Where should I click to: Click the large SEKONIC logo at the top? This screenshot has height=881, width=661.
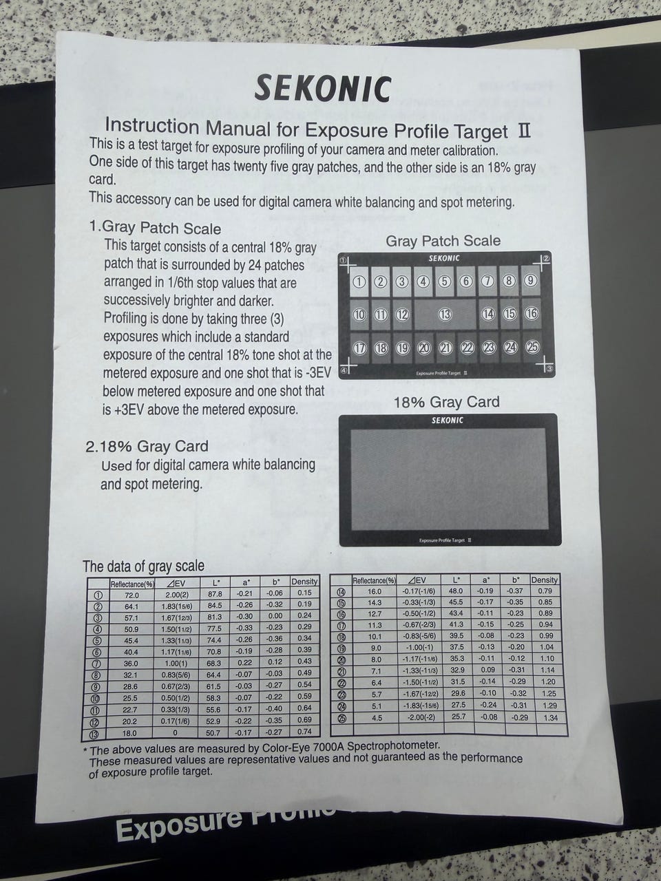tap(323, 89)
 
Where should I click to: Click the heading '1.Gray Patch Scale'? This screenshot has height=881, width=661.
tap(155, 228)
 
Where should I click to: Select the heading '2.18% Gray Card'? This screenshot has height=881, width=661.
tap(147, 446)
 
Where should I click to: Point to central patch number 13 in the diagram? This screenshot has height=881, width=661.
tap(445, 315)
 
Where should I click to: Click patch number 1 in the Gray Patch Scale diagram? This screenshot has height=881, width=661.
tap(359, 282)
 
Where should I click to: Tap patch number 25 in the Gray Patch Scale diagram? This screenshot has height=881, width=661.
tap(532, 347)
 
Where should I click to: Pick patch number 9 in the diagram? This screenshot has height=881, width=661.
tap(531, 281)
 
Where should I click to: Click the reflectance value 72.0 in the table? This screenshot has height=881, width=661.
tap(132, 595)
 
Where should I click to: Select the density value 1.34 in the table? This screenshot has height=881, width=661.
tap(551, 718)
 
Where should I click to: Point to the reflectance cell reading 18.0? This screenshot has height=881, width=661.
tap(129, 733)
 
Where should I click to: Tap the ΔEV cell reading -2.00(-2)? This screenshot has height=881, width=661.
tap(419, 717)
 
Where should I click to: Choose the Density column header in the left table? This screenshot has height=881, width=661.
tap(304, 581)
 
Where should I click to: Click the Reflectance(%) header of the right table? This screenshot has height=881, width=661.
tap(374, 580)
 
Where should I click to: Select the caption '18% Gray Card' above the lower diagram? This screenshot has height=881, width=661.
tap(446, 402)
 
